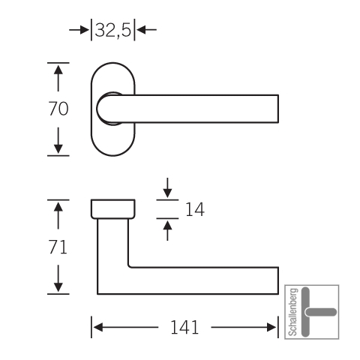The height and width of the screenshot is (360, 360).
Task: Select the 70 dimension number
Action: (x=58, y=109)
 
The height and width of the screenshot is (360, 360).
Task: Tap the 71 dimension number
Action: (x=58, y=247)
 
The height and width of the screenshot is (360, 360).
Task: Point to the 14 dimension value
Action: (x=195, y=209)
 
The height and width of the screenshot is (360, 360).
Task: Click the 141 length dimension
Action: (x=184, y=327)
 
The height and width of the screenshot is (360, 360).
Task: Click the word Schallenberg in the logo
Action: (x=293, y=312)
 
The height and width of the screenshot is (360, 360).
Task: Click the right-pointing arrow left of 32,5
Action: (x=79, y=30)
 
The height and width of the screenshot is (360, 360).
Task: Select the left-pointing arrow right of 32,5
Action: (x=147, y=30)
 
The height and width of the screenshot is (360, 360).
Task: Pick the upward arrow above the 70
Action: (x=58, y=78)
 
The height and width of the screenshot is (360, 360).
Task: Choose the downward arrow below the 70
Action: (x=58, y=140)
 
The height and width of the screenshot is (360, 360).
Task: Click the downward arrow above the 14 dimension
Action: (x=167, y=187)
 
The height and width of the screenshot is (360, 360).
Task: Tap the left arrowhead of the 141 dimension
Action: (x=98, y=327)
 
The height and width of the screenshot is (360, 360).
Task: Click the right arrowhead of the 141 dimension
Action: (x=271, y=327)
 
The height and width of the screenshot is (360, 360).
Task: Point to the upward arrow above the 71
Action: (x=58, y=215)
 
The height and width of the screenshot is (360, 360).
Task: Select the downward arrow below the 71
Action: (x=58, y=278)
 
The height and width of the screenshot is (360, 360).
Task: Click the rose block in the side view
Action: (x=113, y=209)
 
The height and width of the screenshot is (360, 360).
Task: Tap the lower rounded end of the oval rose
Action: (x=113, y=155)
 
